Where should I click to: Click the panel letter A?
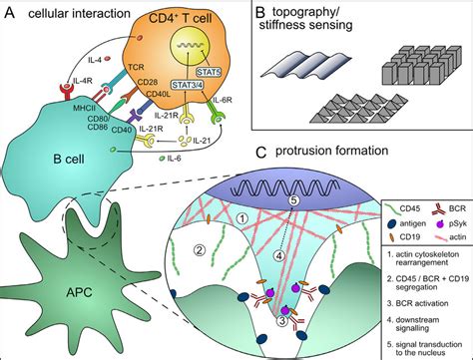click(9, 11)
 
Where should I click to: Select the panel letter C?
click(261, 156)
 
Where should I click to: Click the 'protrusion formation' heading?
click(325, 156)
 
